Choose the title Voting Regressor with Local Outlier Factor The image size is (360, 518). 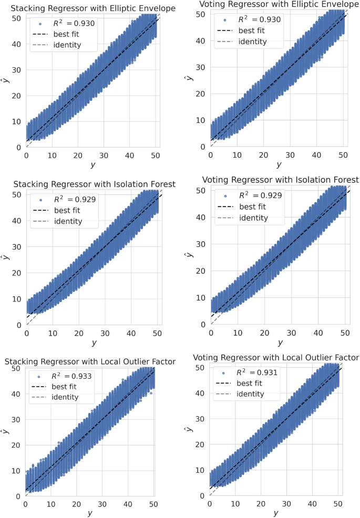coord(276,358)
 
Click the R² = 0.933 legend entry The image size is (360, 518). coord(64,376)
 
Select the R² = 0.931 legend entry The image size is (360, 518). coord(250,372)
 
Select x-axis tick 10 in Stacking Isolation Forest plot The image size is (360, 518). coord(53,334)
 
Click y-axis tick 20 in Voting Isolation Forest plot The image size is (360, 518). coord(201,272)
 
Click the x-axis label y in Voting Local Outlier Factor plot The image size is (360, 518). coord(276,512)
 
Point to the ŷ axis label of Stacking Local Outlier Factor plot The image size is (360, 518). coord(5,431)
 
